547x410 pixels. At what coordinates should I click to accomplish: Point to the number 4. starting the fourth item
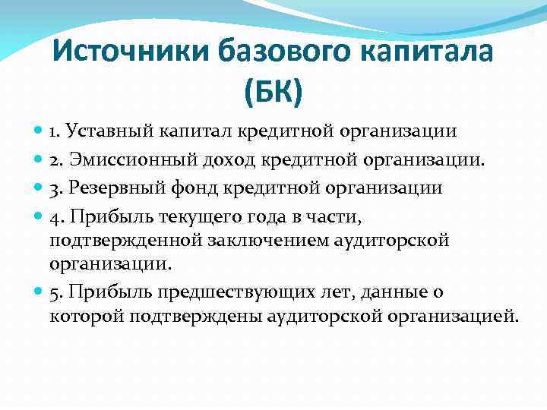[56, 216]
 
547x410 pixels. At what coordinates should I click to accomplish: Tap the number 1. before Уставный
[55, 131]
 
